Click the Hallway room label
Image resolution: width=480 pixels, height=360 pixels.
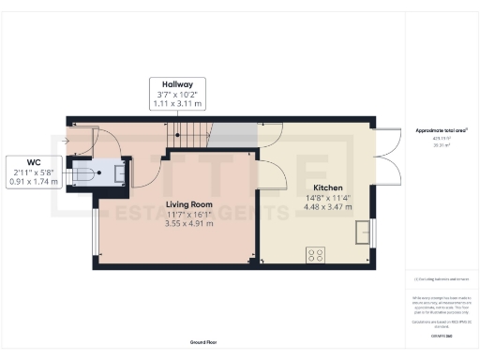178,83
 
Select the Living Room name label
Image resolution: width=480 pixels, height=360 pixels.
189,202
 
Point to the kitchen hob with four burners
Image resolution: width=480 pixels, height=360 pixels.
316,253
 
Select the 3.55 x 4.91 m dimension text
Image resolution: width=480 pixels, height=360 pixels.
189,224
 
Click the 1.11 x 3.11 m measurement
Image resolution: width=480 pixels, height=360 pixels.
178,104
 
